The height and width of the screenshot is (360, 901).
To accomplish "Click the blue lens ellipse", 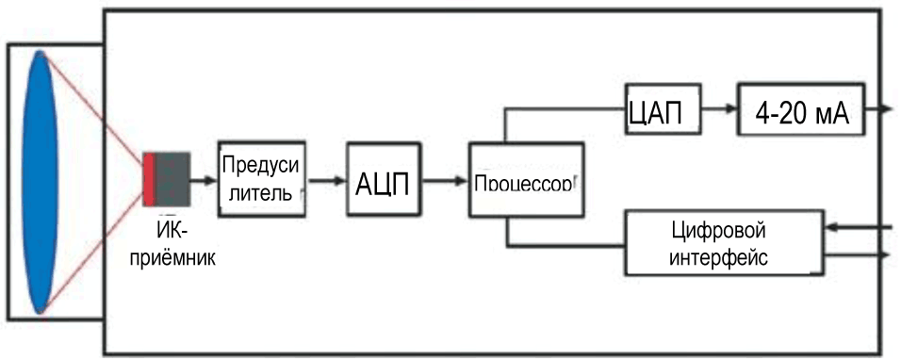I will pyautogui.click(x=41, y=181).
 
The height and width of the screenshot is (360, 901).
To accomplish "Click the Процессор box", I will pyautogui.click(x=524, y=180).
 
